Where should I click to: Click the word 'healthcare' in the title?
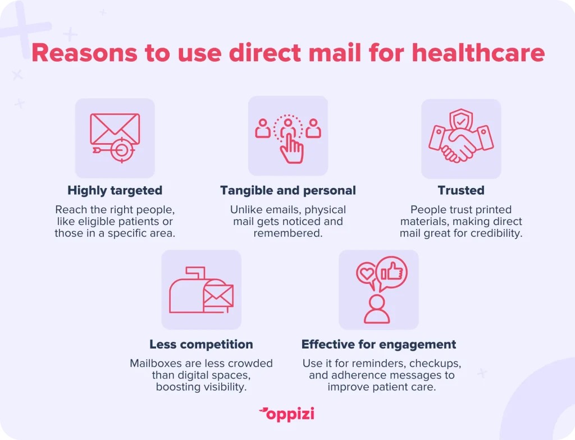478,53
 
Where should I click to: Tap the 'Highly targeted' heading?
115,191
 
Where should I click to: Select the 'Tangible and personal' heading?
288,191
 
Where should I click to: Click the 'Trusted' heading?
461,190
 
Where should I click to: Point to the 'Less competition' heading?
202,344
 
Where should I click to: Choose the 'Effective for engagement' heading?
379,345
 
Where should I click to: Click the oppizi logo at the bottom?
287,414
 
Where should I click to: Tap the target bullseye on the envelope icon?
122,150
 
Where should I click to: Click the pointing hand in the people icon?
292,149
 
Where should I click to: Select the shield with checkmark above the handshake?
461,119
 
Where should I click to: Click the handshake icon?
461,144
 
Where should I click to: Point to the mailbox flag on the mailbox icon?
195,273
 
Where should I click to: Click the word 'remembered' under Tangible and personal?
288,233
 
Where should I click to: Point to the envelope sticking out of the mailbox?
218,296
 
